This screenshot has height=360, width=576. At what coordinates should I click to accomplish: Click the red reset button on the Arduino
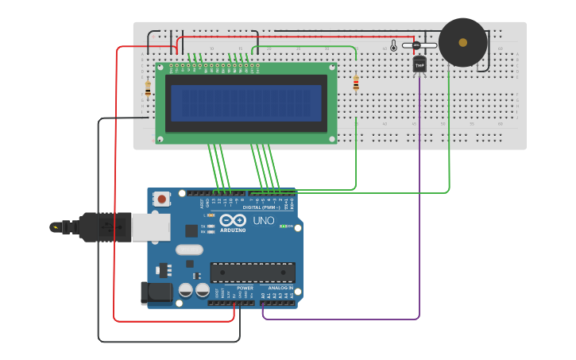[162, 199]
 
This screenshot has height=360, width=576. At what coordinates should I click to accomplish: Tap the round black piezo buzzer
[462, 42]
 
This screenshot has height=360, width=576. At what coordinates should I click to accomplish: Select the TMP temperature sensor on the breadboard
[419, 64]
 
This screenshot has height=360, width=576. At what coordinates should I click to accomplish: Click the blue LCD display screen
[245, 103]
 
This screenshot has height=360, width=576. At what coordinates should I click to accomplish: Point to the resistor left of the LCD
[148, 90]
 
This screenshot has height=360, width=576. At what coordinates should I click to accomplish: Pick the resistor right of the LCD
[355, 83]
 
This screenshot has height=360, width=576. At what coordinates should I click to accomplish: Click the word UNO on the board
[263, 220]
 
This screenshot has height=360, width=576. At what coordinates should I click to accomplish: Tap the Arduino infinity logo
[233, 219]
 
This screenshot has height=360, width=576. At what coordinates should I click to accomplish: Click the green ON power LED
[282, 226]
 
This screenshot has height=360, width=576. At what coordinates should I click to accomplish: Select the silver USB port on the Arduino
[150, 226]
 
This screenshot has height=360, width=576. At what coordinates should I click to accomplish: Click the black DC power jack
[157, 292]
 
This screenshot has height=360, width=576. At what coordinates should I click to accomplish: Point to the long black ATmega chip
[252, 273]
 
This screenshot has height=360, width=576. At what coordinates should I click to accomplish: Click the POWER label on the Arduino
[245, 288]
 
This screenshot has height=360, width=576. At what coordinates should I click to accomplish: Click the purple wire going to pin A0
[342, 319]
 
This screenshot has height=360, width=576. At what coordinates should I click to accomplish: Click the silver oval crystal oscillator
[189, 250]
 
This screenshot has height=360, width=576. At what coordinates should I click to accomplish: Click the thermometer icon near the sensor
[392, 46]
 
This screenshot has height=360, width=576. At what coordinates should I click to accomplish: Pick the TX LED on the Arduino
[211, 226]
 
